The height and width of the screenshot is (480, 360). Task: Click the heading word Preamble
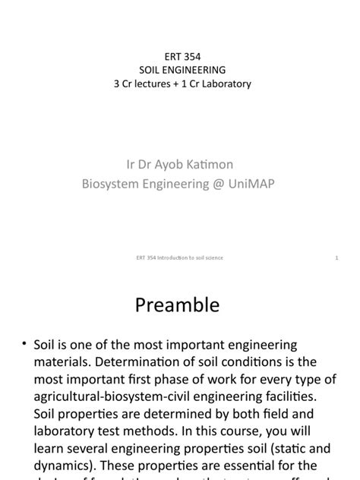177,305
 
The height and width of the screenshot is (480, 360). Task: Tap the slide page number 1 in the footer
336,258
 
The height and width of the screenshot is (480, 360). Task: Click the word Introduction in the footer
169,258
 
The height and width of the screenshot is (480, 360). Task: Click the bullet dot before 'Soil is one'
24,346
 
